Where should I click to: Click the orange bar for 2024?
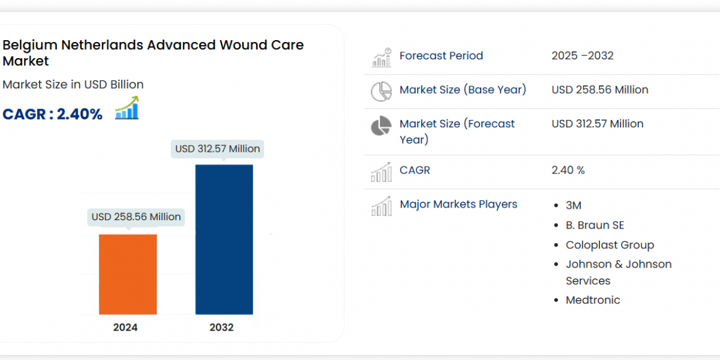tap(128, 274)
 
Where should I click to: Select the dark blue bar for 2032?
tap(224, 239)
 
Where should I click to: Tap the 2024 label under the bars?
tap(125, 327)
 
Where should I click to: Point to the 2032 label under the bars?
tap(221, 327)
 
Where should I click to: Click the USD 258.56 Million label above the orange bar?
tap(136, 217)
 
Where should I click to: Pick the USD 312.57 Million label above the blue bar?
tap(218, 148)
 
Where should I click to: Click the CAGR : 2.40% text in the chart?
tap(53, 114)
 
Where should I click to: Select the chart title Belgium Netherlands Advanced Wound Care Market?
tap(153, 53)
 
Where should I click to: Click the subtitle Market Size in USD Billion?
tap(73, 85)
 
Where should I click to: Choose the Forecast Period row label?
tap(441, 56)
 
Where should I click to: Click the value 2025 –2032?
tap(583, 56)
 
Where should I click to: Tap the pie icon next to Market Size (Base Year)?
tap(381, 91)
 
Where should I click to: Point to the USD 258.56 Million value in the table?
tap(600, 90)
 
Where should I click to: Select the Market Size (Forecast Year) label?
tap(457, 131)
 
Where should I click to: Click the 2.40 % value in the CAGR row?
tap(568, 170)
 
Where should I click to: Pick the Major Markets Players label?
tap(458, 204)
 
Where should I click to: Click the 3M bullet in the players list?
tap(574, 205)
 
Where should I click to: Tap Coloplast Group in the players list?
tap(610, 245)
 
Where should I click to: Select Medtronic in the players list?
tap(593, 300)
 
